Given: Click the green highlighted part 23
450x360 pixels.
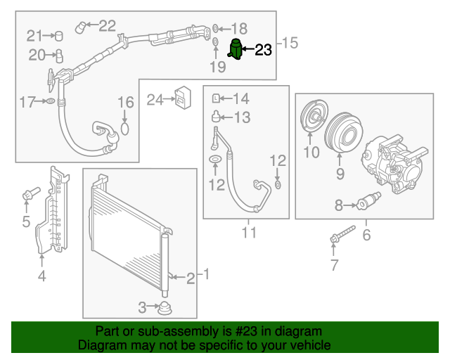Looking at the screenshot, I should pyautogui.click(x=237, y=50).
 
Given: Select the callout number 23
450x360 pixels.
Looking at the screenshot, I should pyautogui.click(x=262, y=49).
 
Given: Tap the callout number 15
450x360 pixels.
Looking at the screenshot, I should pyautogui.click(x=289, y=44).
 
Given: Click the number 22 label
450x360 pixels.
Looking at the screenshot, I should pyautogui.click(x=107, y=26).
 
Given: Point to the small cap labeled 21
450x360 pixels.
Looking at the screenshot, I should pyautogui.click(x=59, y=35).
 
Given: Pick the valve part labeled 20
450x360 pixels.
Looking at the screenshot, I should pyautogui.click(x=60, y=55).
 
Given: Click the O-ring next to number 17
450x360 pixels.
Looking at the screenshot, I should pyautogui.click(x=50, y=103).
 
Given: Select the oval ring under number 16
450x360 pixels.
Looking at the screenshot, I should pyautogui.click(x=125, y=128).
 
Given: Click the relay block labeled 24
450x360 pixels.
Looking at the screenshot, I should pyautogui.click(x=184, y=98).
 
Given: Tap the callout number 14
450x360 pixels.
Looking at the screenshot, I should pyautogui.click(x=240, y=98).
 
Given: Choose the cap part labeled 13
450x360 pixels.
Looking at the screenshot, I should pyautogui.click(x=217, y=116).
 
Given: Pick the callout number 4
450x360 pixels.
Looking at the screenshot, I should pyautogui.click(x=41, y=276).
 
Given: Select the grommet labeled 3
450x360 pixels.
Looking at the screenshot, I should pyautogui.click(x=166, y=307).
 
